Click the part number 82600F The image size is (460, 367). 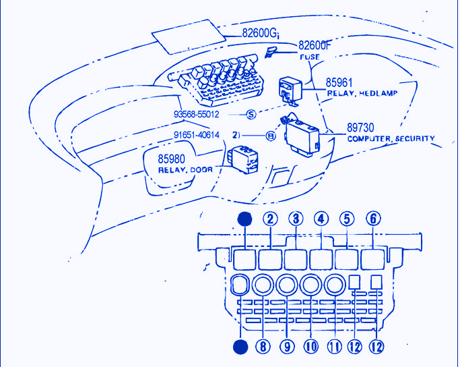(x=315, y=46)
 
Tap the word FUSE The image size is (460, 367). (x=310, y=57)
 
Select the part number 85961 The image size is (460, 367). (x=341, y=82)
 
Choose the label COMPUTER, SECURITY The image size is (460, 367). (x=391, y=138)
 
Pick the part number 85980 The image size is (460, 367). (x=173, y=159)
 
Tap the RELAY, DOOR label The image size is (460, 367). (x=185, y=170)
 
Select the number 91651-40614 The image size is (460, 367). (x=197, y=135)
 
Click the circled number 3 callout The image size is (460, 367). (x=296, y=219)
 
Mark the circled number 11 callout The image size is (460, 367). (x=334, y=347)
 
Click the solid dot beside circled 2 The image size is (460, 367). (x=246, y=219)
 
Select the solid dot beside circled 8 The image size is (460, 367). (x=240, y=347)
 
